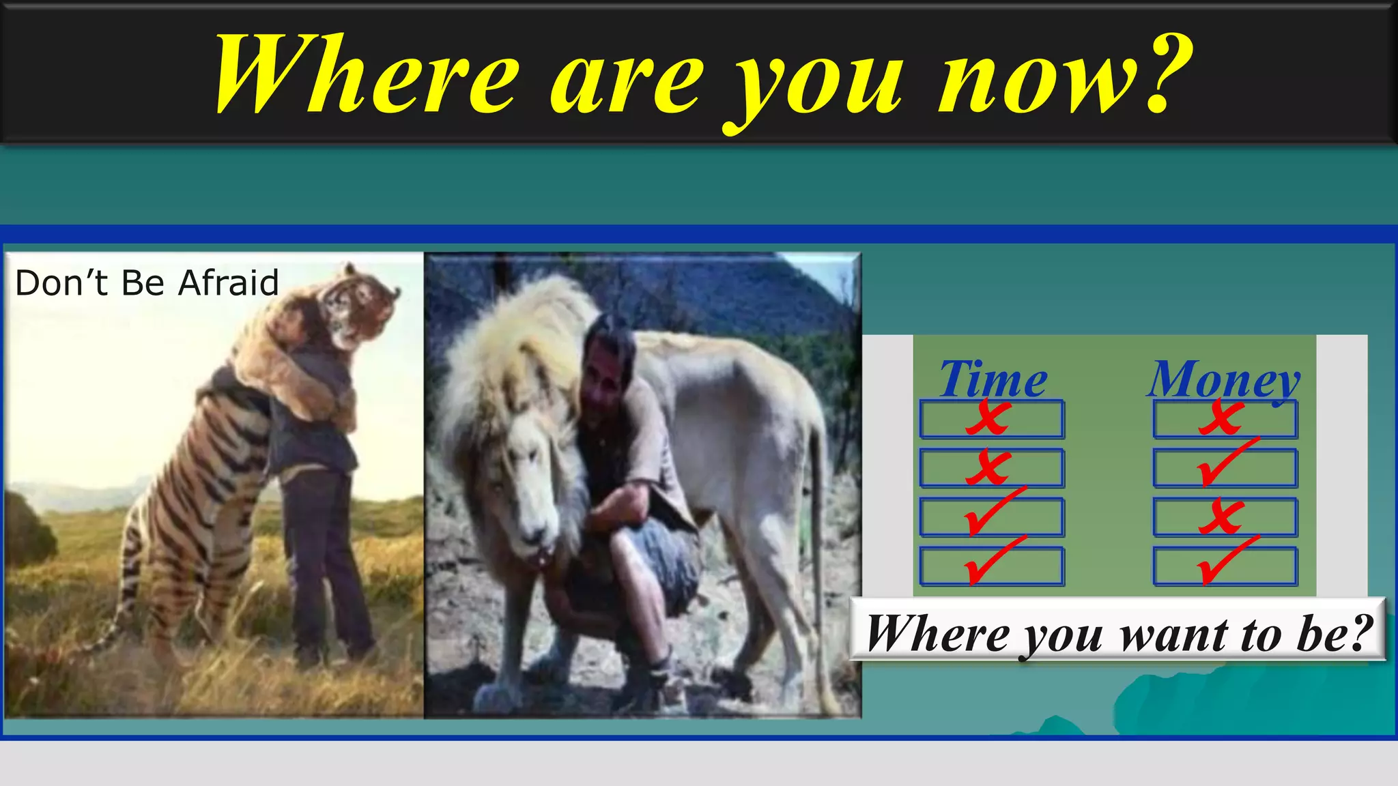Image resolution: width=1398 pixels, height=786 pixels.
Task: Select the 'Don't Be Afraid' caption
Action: click(147, 282)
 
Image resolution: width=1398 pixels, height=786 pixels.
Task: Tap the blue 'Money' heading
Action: click(1224, 379)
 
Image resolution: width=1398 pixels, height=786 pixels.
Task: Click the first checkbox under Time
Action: click(991, 419)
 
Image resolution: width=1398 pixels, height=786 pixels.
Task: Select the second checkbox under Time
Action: click(991, 468)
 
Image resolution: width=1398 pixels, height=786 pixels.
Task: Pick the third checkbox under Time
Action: click(991, 517)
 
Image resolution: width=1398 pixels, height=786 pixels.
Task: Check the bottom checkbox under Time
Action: click(991, 566)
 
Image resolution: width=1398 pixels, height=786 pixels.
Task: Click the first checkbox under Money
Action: click(1225, 419)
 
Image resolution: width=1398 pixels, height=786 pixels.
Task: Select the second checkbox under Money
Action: click(1225, 468)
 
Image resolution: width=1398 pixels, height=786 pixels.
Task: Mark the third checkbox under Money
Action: click(1225, 517)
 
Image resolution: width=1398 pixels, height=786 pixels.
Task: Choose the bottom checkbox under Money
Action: click(1225, 566)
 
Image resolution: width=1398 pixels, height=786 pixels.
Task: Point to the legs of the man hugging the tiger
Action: click(324, 559)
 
